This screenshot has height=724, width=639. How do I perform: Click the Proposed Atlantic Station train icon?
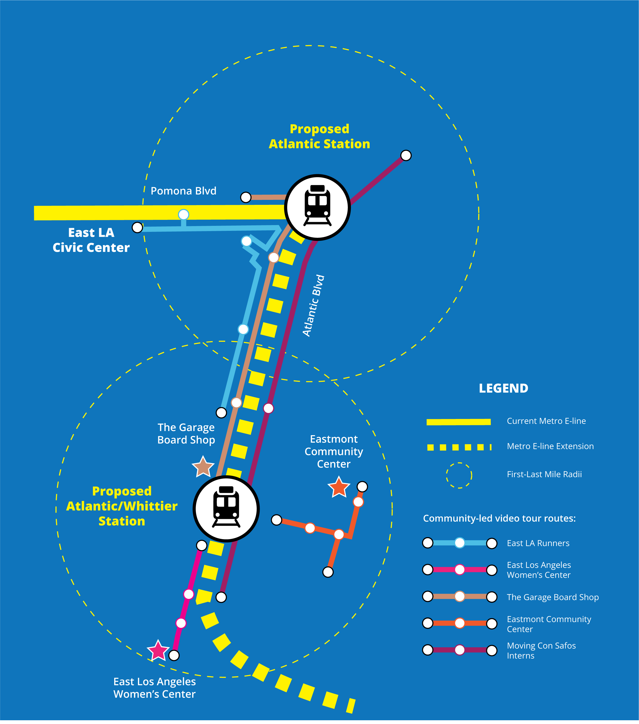pyautogui.click(x=317, y=207)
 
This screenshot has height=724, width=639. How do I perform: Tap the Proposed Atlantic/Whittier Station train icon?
pyautogui.click(x=226, y=509)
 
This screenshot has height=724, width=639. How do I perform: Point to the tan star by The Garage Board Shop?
pyautogui.click(x=203, y=467)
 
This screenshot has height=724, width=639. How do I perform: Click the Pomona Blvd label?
pyautogui.click(x=183, y=191)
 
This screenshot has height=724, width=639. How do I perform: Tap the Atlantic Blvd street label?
pyautogui.click(x=313, y=305)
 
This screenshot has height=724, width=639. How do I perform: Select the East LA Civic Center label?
pyautogui.click(x=91, y=240)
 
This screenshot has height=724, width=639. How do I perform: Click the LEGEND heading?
pyautogui.click(x=503, y=388)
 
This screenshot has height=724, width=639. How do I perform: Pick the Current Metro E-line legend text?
pyautogui.click(x=546, y=421)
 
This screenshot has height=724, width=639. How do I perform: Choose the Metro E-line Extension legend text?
pyautogui.click(x=550, y=446)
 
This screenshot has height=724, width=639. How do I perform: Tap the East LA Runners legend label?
pyautogui.click(x=538, y=543)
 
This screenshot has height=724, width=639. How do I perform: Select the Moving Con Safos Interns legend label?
pyautogui.click(x=541, y=650)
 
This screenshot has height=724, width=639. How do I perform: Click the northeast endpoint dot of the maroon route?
pyautogui.click(x=406, y=155)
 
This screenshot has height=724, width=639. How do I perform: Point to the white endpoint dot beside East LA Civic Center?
pyautogui.click(x=137, y=227)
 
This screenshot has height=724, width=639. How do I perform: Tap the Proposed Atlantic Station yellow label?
pyautogui.click(x=319, y=136)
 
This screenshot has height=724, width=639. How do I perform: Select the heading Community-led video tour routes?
pyautogui.click(x=499, y=518)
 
